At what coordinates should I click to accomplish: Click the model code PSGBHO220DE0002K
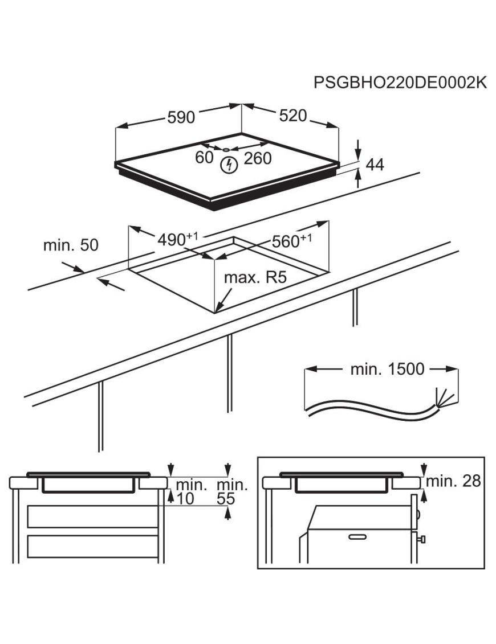point(400,83)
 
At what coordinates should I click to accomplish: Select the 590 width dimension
point(181,117)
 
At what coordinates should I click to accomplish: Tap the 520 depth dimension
point(293,116)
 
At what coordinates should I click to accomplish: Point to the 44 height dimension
point(375,165)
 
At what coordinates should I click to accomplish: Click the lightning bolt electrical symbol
point(229,165)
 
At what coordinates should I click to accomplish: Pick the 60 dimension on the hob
point(204,158)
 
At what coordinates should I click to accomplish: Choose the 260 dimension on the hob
point(257,159)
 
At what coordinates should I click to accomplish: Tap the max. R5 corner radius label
point(254,279)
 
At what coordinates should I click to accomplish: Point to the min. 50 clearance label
point(71,245)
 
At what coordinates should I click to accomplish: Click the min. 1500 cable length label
point(387,369)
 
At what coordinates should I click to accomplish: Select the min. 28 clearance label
point(453,481)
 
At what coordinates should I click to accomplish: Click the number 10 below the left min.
point(185,499)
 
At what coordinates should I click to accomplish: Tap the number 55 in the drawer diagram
point(227,499)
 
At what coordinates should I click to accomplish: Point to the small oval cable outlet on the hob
point(226,150)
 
